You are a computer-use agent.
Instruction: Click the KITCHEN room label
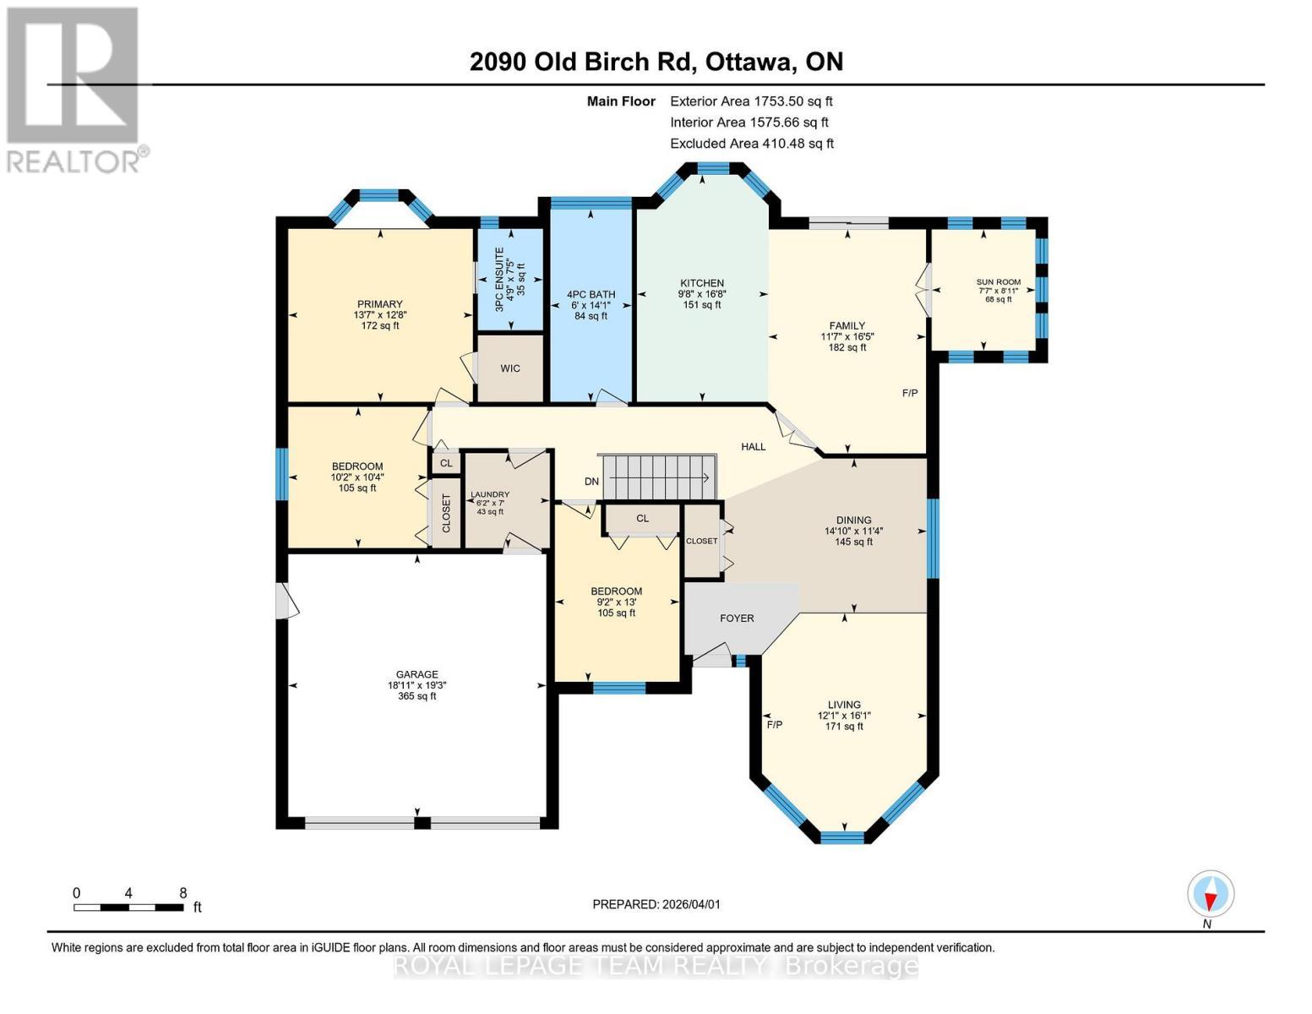coord(702,284)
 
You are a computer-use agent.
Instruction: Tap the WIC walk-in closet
coord(510,368)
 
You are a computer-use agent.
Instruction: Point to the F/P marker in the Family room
coord(910,393)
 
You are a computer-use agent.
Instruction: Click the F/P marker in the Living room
coord(774,725)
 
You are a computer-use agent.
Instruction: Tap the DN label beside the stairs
coord(591,482)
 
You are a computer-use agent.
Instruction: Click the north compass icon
coord(1210,894)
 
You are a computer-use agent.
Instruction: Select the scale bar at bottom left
coord(128,908)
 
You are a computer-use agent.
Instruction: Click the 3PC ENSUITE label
coord(498,280)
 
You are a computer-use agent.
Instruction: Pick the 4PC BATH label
coord(591,295)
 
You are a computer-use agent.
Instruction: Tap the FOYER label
coord(737,619)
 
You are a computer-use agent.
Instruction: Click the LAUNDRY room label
coord(490,495)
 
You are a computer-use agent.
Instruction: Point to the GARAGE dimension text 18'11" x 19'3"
coord(416,685)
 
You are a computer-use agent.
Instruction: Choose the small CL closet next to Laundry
coord(446,463)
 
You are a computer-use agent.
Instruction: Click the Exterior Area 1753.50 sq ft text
coord(751,101)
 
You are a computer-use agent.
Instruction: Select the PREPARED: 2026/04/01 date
coord(656,904)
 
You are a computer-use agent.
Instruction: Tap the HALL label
coord(753,447)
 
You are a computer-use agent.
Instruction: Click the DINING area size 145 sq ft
coord(853,542)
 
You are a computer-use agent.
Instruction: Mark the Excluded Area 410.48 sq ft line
coord(752,144)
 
